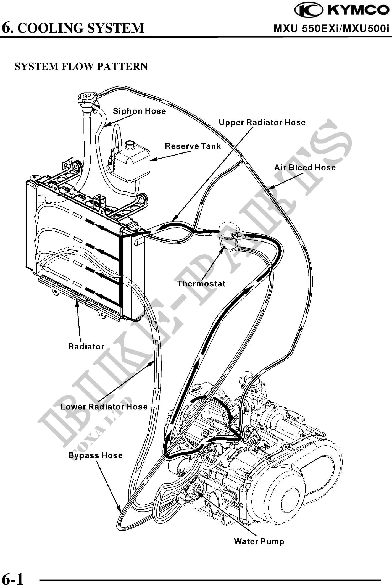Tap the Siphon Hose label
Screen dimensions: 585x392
click(140, 111)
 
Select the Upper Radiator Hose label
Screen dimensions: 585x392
click(262, 122)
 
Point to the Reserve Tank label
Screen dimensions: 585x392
click(193, 146)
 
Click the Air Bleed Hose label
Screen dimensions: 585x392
click(305, 167)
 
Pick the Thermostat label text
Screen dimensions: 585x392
click(201, 284)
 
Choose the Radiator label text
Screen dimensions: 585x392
click(86, 346)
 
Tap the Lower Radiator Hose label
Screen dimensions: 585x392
click(104, 407)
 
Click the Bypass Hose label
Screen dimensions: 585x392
click(95, 455)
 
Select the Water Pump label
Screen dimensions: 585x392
click(259, 541)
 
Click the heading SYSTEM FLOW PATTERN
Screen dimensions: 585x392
click(81, 67)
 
